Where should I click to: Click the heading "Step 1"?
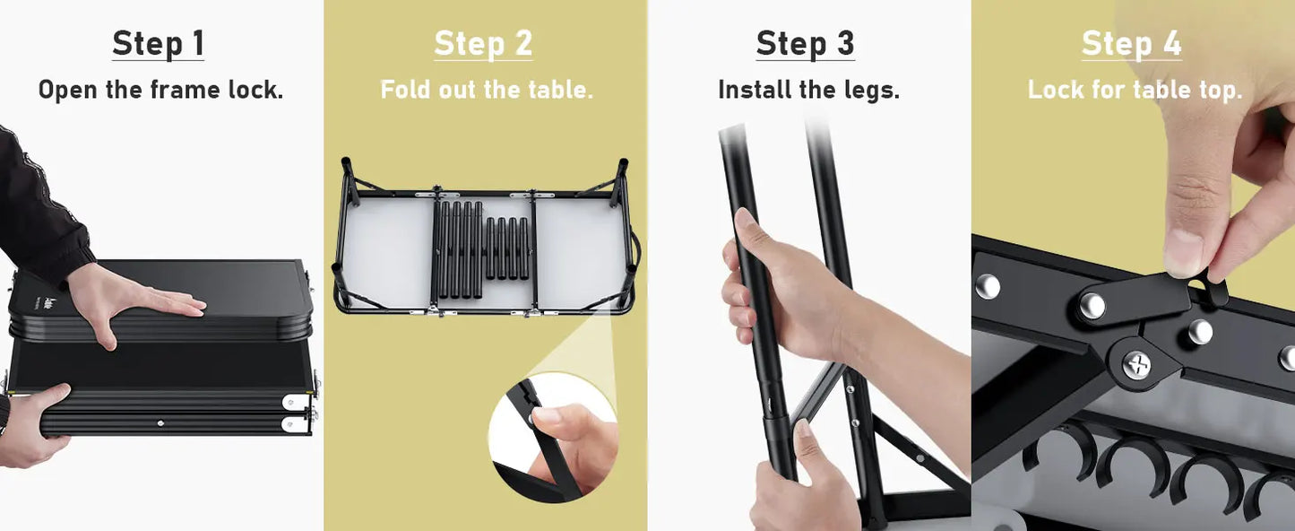tap(158, 44)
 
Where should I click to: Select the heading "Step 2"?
tap(483, 44)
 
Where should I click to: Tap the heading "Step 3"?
tap(805, 44)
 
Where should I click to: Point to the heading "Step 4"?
tap(1131, 44)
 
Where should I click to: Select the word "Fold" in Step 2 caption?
tap(405, 91)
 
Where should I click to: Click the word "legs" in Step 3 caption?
tap(871, 91)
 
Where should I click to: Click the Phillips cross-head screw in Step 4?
tap(1137, 364)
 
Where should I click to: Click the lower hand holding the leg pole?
tap(802, 484)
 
